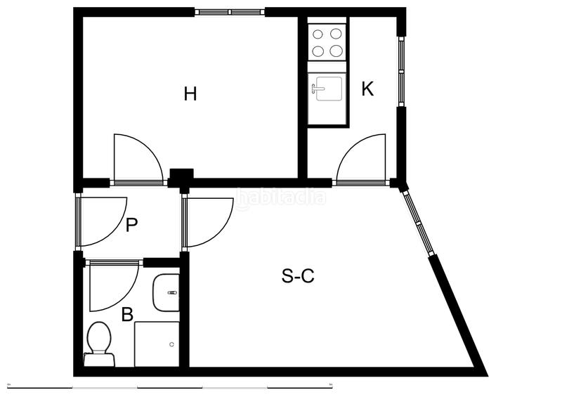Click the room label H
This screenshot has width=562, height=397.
(x=190, y=93)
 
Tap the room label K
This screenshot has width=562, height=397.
(x=367, y=89)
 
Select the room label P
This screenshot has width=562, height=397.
(x=131, y=226)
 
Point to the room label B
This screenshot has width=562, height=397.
(x=127, y=314)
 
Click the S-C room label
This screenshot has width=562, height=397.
(x=298, y=276)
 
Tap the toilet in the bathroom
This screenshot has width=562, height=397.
(x=99, y=343)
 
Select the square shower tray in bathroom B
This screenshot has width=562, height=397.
(x=157, y=344)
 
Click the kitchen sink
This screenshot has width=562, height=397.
(x=327, y=89)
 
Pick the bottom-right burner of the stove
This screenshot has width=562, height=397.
(x=336, y=50)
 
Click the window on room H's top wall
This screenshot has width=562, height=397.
(x=230, y=11)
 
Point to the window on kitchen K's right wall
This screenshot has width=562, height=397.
(x=401, y=70)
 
